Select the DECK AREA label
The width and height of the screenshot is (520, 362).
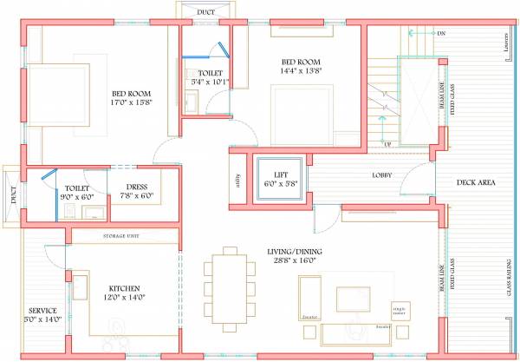pos(475,183)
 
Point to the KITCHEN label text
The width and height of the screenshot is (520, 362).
pos(125,288)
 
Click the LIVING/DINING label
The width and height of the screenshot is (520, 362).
pos(296,250)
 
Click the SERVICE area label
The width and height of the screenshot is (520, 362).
pos(42,310)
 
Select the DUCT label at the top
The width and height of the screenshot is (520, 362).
pos(205,12)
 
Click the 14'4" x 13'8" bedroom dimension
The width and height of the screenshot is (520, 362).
pos(301,73)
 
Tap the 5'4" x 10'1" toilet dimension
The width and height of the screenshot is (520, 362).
pos(211,82)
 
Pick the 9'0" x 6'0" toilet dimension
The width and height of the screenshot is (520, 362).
pos(78,197)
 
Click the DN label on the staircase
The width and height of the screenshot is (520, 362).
pos(441,33)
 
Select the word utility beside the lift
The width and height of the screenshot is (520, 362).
pos(237,181)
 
